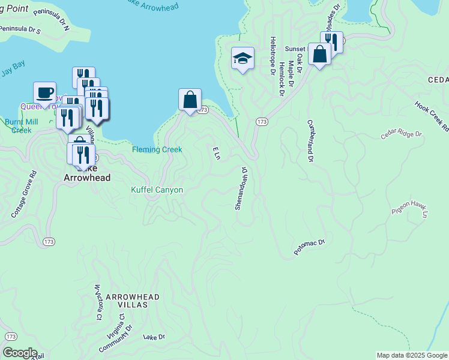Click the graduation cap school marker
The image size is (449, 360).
click(x=243, y=58)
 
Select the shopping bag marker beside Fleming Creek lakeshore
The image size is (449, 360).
click(x=190, y=99)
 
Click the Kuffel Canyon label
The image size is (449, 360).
click(x=157, y=190)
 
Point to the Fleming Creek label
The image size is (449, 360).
click(x=157, y=149)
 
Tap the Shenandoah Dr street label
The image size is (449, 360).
click(x=241, y=188)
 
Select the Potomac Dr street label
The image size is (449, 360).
click(x=309, y=247)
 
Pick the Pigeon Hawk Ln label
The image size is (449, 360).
click(x=411, y=209)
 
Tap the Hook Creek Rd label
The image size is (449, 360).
click(x=432, y=114)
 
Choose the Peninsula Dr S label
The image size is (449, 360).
click(x=19, y=29)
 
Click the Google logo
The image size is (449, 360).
click(x=20, y=353)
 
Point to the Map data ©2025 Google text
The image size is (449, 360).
click(x=411, y=355)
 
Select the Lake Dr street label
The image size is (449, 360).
click(x=154, y=338)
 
